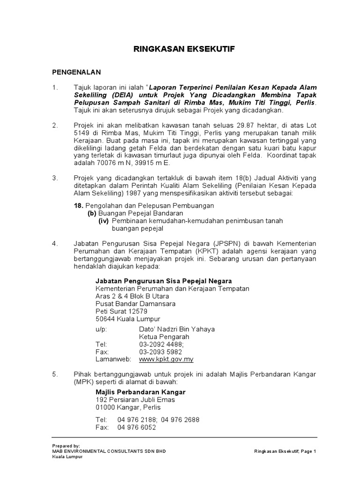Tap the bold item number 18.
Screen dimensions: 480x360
78,205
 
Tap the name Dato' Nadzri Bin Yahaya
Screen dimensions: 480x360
177,329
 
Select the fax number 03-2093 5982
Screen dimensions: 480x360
160,352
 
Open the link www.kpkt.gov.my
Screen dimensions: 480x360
166,359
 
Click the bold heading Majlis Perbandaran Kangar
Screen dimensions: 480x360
141,392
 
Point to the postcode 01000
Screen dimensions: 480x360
105,407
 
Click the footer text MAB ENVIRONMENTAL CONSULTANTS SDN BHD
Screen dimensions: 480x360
109,451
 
